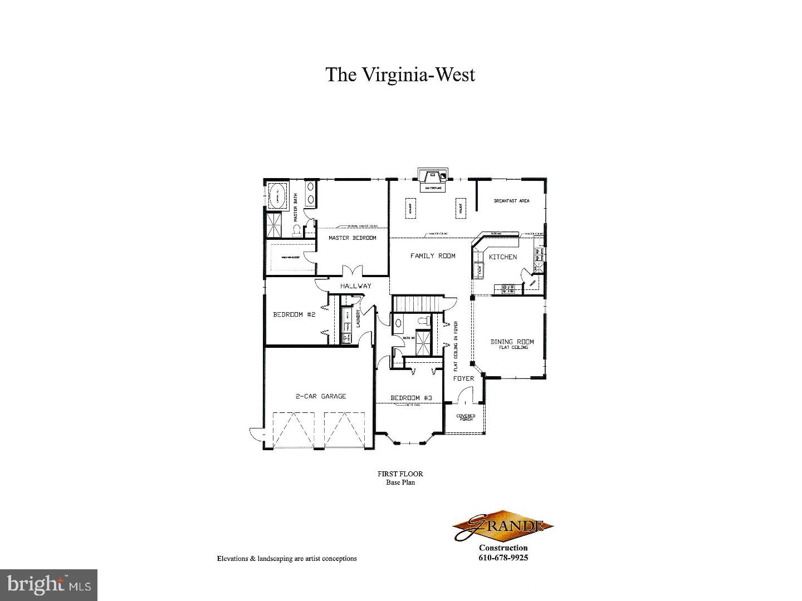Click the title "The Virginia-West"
400,75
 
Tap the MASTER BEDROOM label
352,238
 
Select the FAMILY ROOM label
433,256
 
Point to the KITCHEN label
503,257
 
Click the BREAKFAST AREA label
511,201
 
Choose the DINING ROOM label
512,342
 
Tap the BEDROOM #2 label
294,314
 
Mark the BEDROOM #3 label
411,398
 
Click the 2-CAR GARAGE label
320,396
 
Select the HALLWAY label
356,286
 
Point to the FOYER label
463,378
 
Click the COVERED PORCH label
466,417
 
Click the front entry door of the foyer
464,396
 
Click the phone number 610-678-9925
503,558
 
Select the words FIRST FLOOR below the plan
400,474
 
